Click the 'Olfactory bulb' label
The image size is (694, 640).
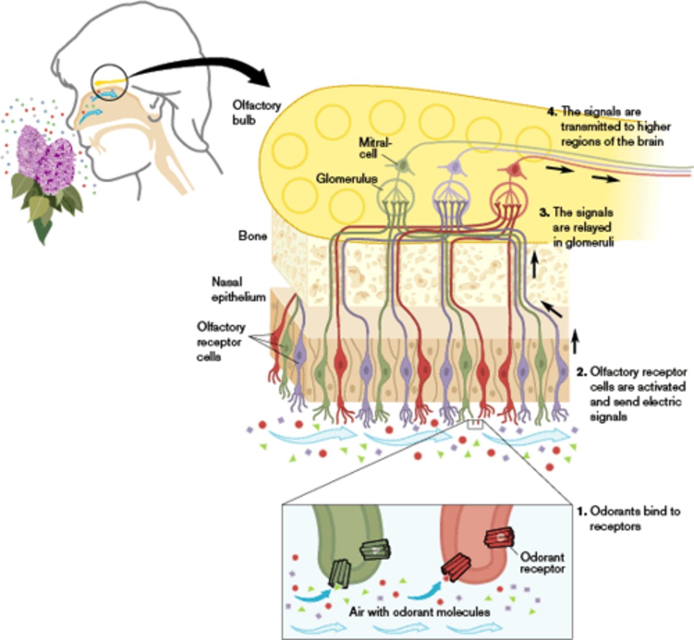[x=256, y=112]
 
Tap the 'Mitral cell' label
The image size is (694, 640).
[x=368, y=148]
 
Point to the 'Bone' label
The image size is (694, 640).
[x=252, y=235]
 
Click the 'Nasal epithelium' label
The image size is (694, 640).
[x=238, y=289]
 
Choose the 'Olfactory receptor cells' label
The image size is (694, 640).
[x=221, y=341]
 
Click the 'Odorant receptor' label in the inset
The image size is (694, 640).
[x=542, y=563]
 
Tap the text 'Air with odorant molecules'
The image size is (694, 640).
[x=419, y=611]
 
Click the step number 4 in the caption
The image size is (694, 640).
[x=552, y=112]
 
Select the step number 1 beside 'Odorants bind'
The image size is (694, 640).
[x=582, y=511]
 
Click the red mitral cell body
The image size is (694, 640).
[x=514, y=170]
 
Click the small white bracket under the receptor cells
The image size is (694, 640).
[x=474, y=425]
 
